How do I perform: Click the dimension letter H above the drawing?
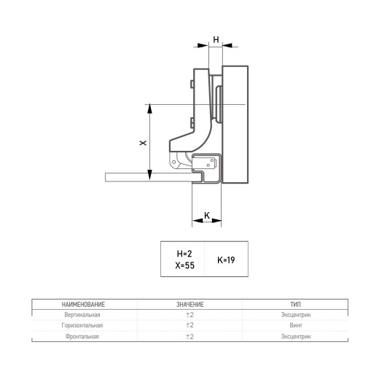[216, 39]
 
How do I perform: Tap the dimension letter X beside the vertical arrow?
[143, 143]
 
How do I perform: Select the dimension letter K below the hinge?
[207, 215]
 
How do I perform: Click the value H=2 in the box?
[184, 254]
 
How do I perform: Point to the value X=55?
[185, 265]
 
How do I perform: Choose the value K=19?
[226, 260]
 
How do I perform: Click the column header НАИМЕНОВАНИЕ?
[83, 305]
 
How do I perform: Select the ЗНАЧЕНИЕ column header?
[190, 305]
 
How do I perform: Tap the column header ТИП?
[295, 305]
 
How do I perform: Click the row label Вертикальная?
[82, 315]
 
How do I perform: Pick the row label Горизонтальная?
[82, 326]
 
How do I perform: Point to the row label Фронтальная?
[82, 337]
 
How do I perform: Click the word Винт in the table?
[296, 325]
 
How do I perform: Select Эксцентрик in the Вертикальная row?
[296, 315]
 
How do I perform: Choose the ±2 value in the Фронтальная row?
[190, 337]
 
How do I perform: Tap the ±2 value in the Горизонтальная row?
[190, 325]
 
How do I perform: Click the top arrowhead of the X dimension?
[149, 109]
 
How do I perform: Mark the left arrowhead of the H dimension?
[203, 45]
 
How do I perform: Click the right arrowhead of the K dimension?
[216, 220]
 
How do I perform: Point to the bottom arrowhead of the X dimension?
[149, 175]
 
